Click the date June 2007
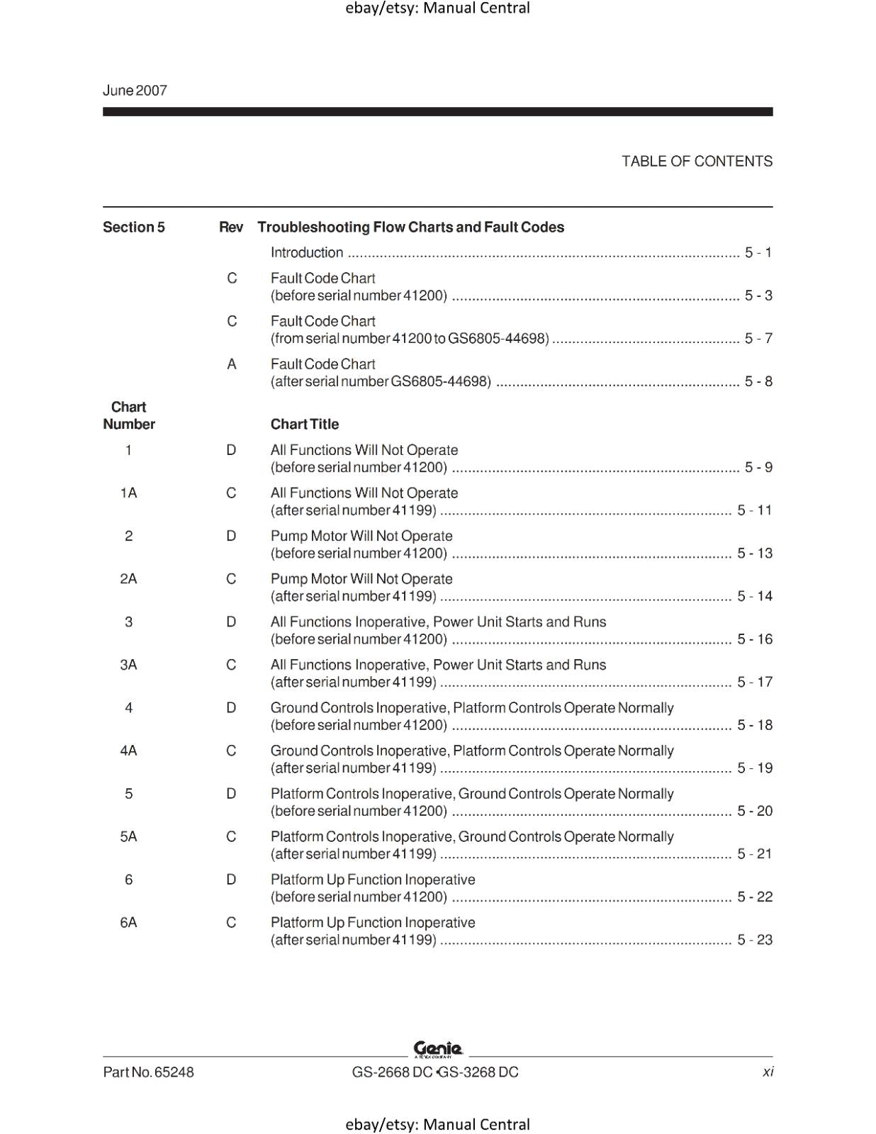[135, 90]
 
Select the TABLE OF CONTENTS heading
[697, 161]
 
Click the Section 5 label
[133, 227]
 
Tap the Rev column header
[231, 227]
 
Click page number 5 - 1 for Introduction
[758, 252]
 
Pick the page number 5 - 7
[758, 338]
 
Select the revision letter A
[232, 364]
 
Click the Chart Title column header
[305, 424]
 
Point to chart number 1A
[128, 493]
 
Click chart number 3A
[128, 665]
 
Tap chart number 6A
[128, 922]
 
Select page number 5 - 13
[754, 553]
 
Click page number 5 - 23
[754, 940]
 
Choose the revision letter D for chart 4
[231, 707]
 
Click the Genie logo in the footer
[438, 1048]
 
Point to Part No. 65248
[148, 1072]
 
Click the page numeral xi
[768, 1072]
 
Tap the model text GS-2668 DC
[392, 1072]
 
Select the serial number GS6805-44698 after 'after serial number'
[441, 381]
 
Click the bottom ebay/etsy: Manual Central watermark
[437, 1124]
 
